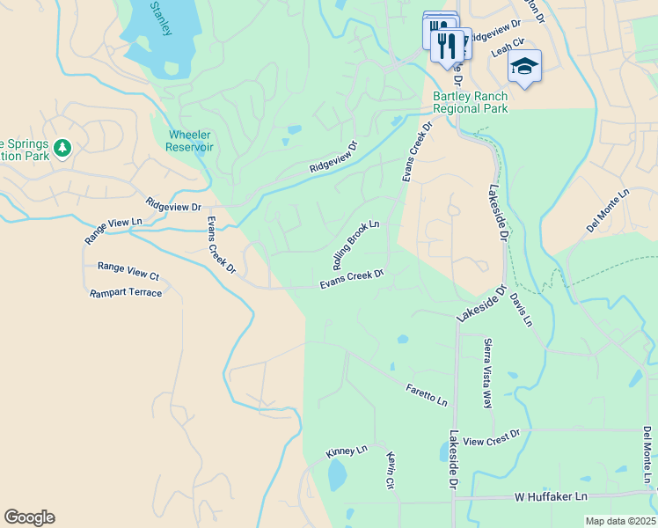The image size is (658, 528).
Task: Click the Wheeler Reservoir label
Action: (190, 141)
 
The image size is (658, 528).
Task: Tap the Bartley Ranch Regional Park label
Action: (470, 103)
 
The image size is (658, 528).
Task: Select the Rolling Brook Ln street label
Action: (356, 245)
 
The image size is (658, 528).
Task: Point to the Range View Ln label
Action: (113, 231)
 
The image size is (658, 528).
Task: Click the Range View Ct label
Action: (128, 267)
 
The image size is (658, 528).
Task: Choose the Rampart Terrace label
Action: (126, 292)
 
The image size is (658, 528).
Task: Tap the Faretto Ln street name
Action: (427, 394)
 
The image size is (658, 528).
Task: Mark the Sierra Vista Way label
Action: (486, 372)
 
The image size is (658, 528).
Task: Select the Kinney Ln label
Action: (347, 451)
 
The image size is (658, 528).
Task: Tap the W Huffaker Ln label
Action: (551, 497)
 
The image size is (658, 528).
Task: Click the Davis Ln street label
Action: (521, 311)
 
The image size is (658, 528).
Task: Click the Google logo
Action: (29, 517)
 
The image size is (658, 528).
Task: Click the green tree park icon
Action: (62, 147)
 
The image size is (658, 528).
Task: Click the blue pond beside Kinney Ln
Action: (337, 475)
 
